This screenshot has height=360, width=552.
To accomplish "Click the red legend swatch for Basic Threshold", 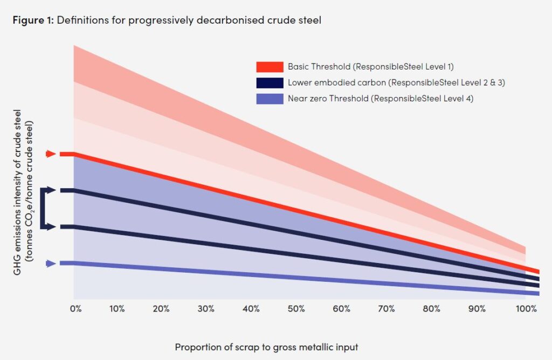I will (x=270, y=67).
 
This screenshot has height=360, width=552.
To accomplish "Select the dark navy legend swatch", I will (x=270, y=83).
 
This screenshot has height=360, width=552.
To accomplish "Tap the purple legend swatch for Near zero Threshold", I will (x=270, y=99).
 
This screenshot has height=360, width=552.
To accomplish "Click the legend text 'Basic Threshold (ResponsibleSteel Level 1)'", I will (x=371, y=67).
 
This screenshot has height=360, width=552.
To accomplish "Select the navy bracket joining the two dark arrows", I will (x=45, y=209).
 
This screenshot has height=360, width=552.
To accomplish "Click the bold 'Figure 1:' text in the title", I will (x=33, y=20).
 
